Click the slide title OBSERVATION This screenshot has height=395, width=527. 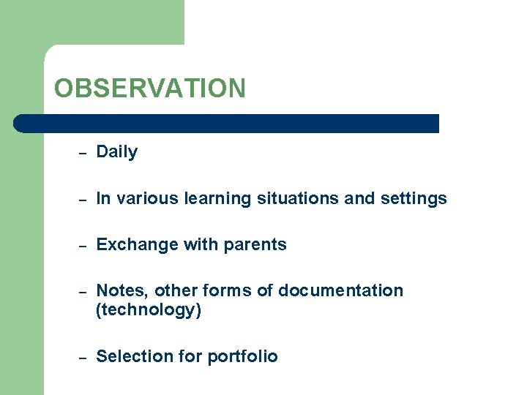point(150,89)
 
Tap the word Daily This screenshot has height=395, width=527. point(116,152)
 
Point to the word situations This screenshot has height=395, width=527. point(291,199)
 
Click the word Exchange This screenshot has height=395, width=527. point(130,245)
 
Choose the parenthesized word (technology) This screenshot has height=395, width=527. point(149,310)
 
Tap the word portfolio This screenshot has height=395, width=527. point(242,356)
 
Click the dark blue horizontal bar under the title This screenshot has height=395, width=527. point(227,123)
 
